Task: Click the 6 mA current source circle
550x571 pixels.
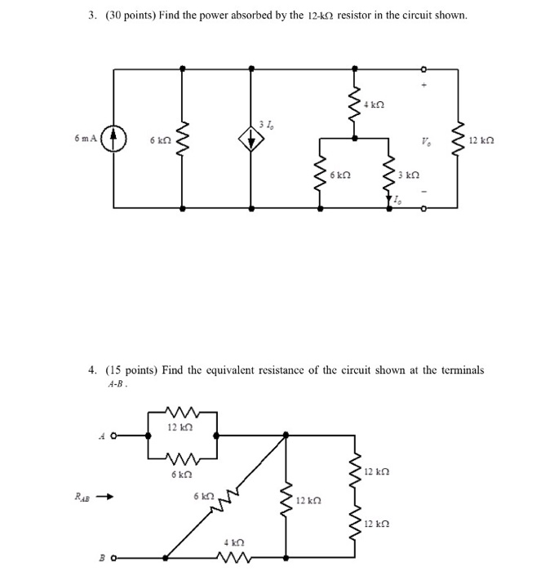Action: pos(114,139)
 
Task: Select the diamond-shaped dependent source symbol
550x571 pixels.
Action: pos(251,139)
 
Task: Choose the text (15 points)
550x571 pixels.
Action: pos(130,370)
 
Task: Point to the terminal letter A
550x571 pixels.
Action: pos(101,436)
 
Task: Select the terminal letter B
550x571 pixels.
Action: pos(102,560)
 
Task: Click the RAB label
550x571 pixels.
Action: pos(79,494)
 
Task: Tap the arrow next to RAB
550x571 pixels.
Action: pos(104,494)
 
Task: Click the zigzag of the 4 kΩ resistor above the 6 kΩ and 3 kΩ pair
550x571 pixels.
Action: pos(353,104)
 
